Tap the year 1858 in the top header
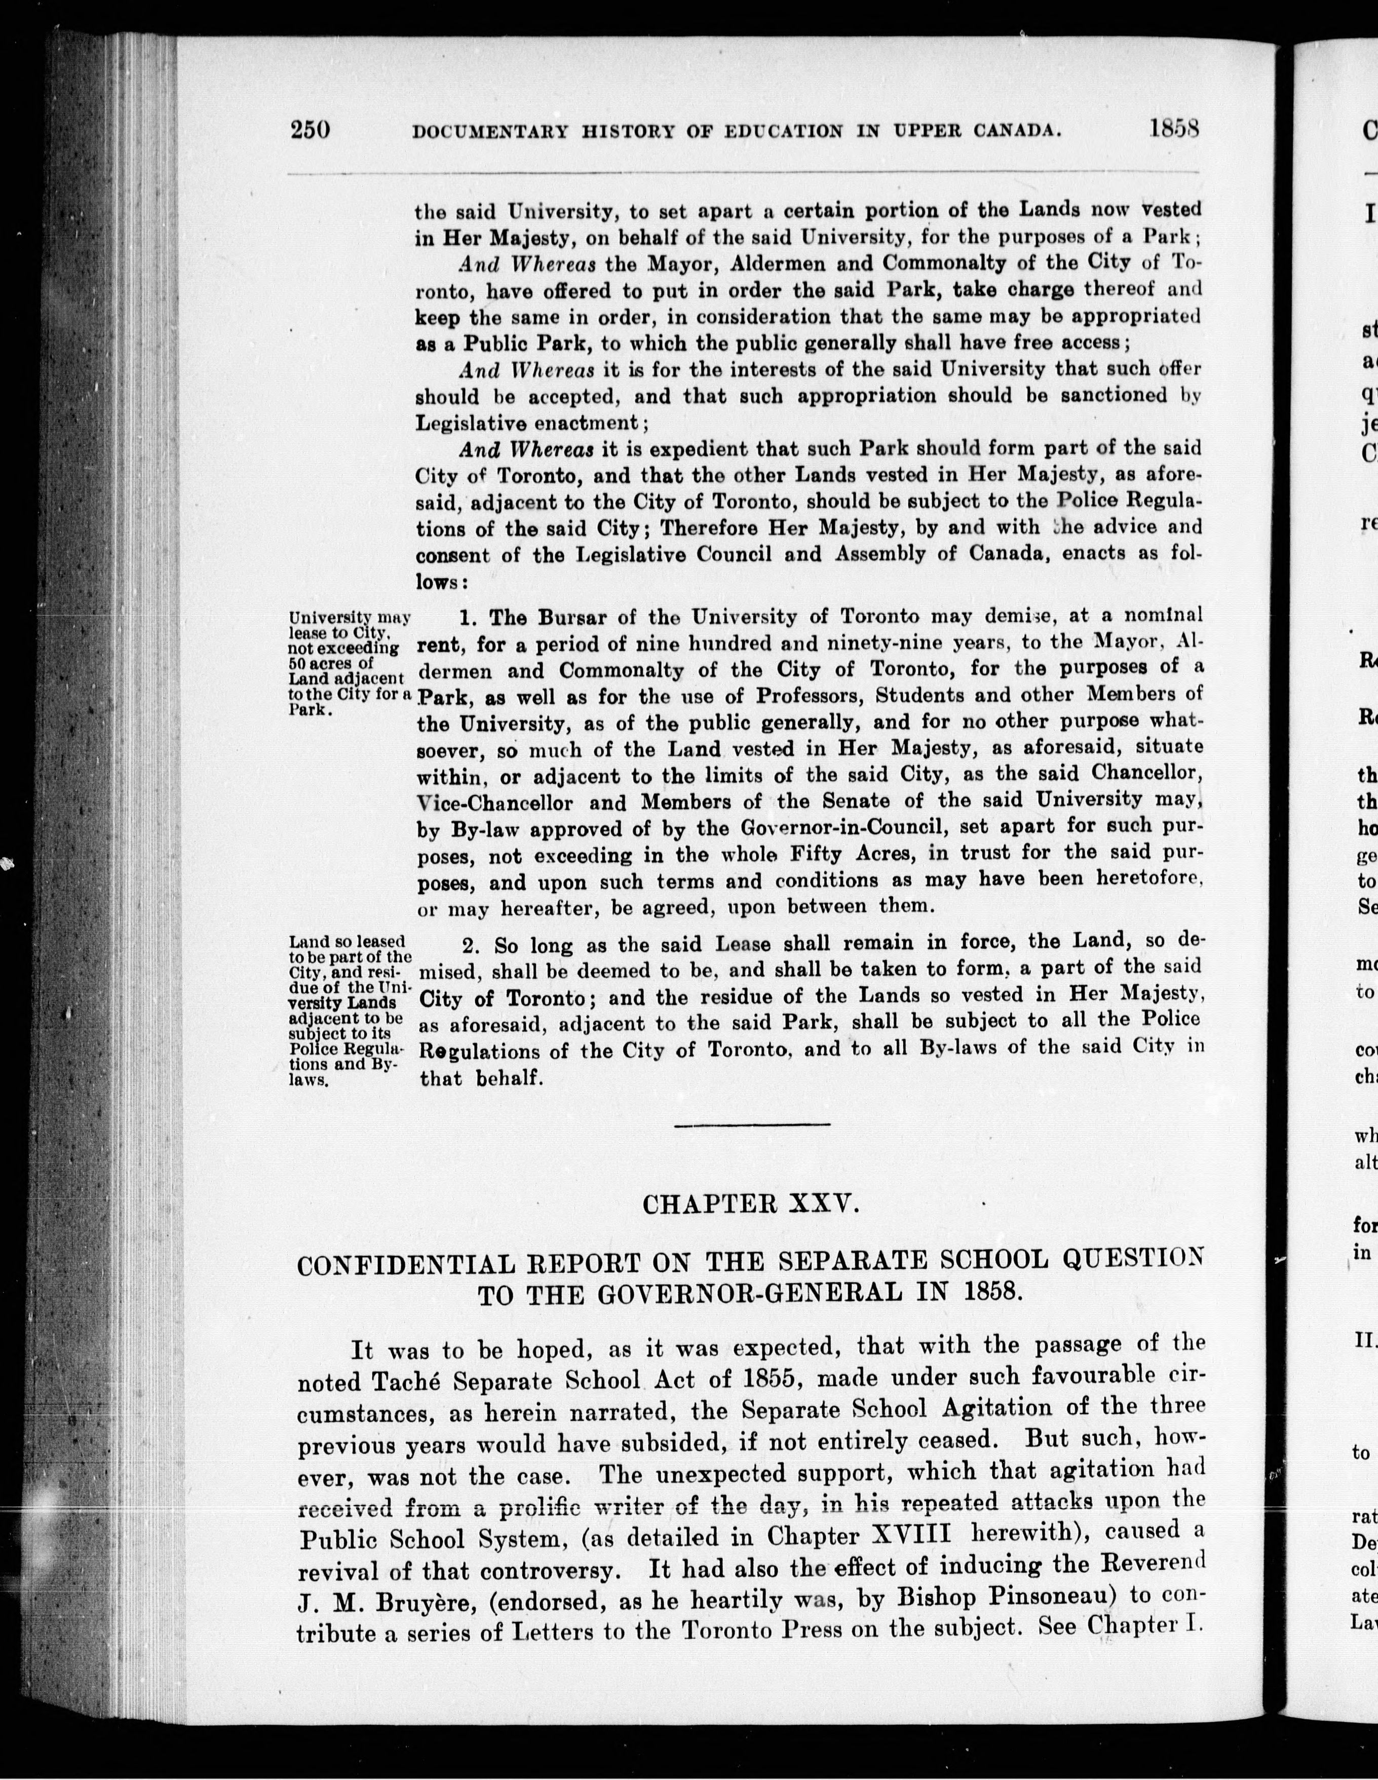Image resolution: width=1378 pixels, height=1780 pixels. [1175, 129]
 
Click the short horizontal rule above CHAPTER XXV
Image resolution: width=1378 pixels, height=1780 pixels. [752, 1126]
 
